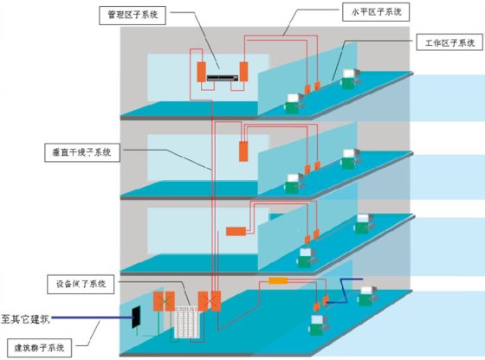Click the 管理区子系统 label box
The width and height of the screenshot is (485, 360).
pyautogui.click(x=133, y=15)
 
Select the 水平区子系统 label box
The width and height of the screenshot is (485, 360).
pyautogui.click(x=376, y=12)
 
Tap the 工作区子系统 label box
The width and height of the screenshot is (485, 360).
pyautogui.click(x=449, y=42)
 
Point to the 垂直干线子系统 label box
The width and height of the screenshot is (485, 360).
pyautogui.click(x=82, y=152)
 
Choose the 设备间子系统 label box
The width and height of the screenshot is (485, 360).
pyautogui.click(x=81, y=284)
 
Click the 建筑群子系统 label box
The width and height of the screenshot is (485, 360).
pyautogui.click(x=39, y=348)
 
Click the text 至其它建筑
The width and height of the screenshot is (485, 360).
pyautogui.click(x=25, y=318)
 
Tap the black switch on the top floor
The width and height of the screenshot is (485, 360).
pyautogui.click(x=223, y=78)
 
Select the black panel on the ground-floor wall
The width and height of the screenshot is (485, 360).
pyautogui.click(x=136, y=317)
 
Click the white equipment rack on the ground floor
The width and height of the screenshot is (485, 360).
pyautogui.click(x=187, y=322)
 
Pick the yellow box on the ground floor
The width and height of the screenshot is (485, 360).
pyautogui.click(x=278, y=280)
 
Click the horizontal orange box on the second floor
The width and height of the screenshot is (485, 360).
pyautogui.click(x=236, y=231)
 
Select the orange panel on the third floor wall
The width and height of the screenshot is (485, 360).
pyautogui.click(x=243, y=151)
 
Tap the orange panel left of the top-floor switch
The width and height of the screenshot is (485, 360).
pyautogui.click(x=202, y=72)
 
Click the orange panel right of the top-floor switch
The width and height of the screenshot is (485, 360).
pyautogui.click(x=243, y=72)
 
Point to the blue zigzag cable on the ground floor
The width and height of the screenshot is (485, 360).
pyautogui.click(x=345, y=291)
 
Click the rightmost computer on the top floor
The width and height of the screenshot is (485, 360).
pyautogui.click(x=351, y=79)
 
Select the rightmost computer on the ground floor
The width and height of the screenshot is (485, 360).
pyautogui.click(x=367, y=296)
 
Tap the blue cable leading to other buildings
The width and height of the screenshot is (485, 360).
pyautogui.click(x=92, y=318)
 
